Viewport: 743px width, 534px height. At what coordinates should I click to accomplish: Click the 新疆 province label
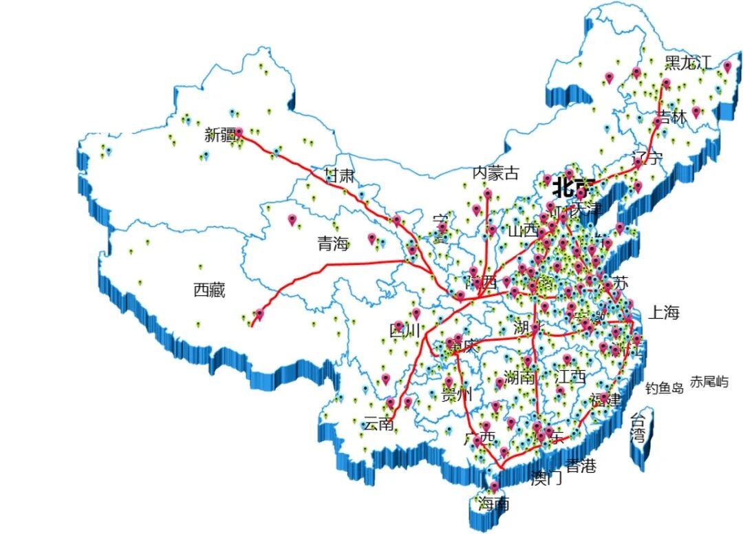pos(219,135)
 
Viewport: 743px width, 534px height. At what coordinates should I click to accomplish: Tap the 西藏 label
pos(209,290)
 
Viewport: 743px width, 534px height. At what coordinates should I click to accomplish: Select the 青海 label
pos(333,243)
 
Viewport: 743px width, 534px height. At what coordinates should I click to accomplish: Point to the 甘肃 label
pos(339,175)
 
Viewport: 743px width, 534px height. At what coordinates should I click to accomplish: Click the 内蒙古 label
pos(495,173)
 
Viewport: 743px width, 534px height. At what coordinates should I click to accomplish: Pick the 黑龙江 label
pos(688,63)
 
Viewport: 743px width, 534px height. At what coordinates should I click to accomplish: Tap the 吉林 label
pos(672,117)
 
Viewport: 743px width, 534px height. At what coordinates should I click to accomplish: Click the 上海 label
pos(664,312)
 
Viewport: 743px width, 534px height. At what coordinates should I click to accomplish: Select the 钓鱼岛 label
pos(665,388)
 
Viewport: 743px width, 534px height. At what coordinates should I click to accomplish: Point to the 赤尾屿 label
pos(709,381)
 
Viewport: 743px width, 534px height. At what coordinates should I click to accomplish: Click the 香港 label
pos(580,466)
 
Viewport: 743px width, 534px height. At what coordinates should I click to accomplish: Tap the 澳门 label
pos(547,478)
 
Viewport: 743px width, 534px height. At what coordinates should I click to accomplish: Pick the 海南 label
pos(494,504)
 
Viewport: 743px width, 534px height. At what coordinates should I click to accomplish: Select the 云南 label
pos(378,424)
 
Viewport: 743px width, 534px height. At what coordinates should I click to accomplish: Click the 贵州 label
pos(457,395)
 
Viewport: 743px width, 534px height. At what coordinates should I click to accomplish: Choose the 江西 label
pos(571,376)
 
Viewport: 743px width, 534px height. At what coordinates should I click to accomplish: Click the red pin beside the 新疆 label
pos(239,131)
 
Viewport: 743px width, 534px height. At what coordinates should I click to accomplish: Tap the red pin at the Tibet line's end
pos(259,314)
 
